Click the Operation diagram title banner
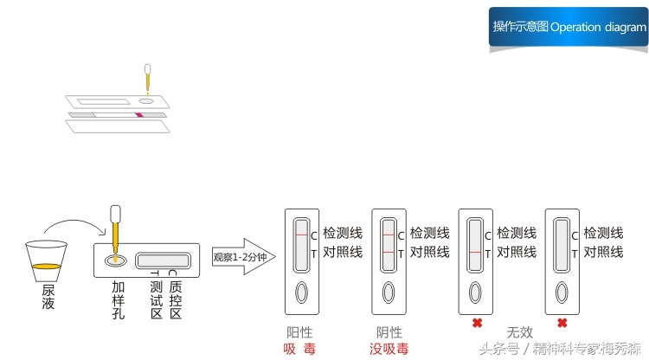(569, 27)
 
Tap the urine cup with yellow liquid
(46, 260)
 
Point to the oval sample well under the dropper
(114, 260)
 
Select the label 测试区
(156, 299)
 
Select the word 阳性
(299, 332)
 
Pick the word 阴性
(389, 332)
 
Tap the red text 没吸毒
(389, 349)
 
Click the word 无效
(519, 331)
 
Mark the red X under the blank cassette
(562, 324)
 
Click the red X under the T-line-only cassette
(475, 324)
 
